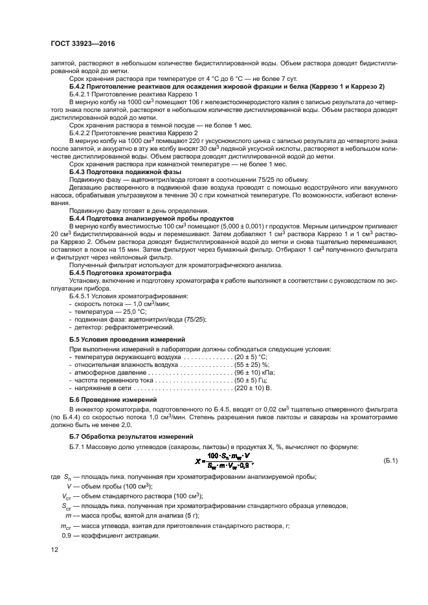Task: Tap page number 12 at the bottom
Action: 54,550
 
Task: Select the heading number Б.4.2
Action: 78,86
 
